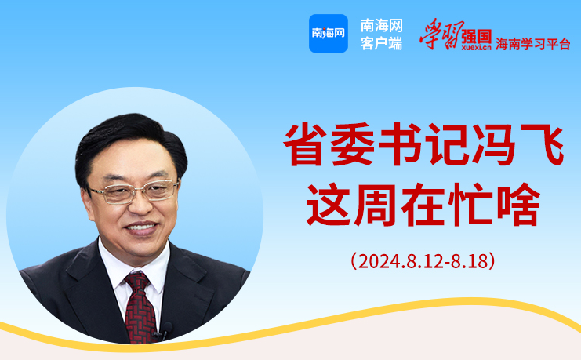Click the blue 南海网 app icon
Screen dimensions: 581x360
(x=329, y=34)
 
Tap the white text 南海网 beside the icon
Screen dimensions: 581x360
(x=381, y=26)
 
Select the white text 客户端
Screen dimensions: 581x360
(x=381, y=44)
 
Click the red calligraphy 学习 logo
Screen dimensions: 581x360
(x=440, y=34)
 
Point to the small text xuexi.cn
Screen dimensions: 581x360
(x=476, y=47)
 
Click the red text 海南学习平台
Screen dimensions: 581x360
(x=533, y=44)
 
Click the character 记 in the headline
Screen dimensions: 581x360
(x=447, y=144)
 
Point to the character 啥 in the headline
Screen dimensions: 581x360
(x=518, y=204)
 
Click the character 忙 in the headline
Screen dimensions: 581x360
(x=470, y=204)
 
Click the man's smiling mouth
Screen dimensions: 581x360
(x=142, y=228)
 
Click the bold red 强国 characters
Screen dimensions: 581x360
(x=477, y=36)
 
